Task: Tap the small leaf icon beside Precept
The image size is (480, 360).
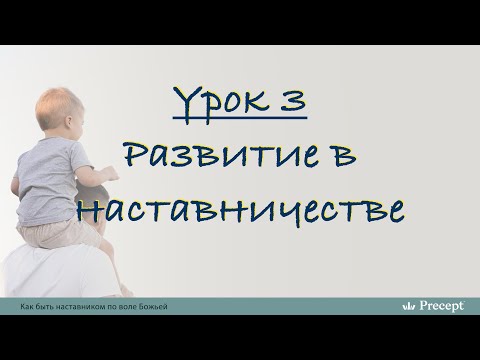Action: coord(407,305)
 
